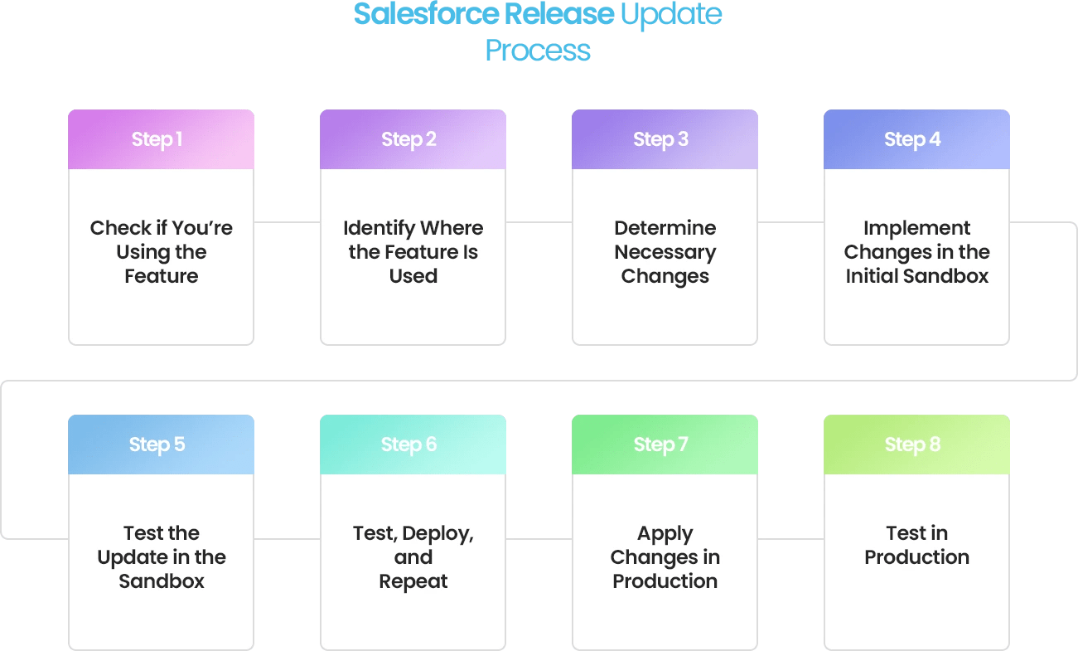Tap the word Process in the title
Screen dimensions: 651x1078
tap(538, 51)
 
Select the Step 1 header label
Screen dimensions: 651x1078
tap(157, 139)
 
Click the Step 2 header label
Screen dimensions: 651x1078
tap(408, 139)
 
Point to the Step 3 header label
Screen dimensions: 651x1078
tap(660, 139)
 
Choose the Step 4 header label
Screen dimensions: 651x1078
tap(912, 139)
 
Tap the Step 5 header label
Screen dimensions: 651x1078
tap(157, 445)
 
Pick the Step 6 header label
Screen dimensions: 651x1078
tap(408, 445)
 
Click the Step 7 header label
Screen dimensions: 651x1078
tap(660, 445)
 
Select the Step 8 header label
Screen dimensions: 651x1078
tap(912, 445)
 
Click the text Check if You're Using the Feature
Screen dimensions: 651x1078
tap(161, 252)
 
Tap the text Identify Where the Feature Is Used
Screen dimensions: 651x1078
tap(413, 252)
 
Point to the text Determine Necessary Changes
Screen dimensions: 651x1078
tap(665, 252)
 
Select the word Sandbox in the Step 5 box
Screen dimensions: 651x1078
tap(161, 581)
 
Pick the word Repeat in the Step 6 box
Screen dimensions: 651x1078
tap(413, 581)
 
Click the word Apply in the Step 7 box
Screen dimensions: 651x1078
tap(665, 533)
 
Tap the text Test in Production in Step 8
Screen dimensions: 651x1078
tap(916, 545)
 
